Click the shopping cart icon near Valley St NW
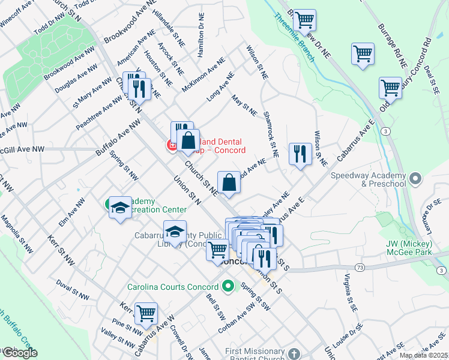[146, 313]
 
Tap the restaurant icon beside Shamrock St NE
[299, 154]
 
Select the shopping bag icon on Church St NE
[229, 182]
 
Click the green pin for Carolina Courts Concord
[228, 287]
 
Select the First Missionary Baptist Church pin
[293, 353]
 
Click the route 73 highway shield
[359, 266]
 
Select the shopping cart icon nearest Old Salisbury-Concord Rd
[390, 88]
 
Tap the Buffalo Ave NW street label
[117, 137]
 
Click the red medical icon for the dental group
[171, 145]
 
